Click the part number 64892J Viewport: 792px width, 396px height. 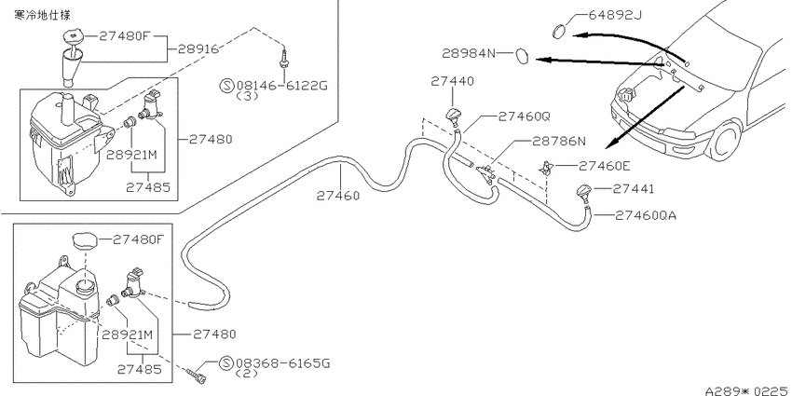[615, 15]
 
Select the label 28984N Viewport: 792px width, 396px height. [470, 53]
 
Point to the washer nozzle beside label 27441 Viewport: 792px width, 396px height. [585, 194]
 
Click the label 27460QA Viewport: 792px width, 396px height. [645, 215]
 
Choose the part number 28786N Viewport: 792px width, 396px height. [559, 142]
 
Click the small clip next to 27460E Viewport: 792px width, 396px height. [546, 168]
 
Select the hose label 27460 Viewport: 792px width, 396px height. [338, 196]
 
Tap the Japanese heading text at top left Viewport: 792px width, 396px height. [43, 15]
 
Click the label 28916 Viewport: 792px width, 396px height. [198, 49]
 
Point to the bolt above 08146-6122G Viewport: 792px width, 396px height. [284, 59]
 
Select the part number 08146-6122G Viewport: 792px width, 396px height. [281, 86]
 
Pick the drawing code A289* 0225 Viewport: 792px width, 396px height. [747, 390]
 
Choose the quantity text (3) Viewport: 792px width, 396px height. [248, 96]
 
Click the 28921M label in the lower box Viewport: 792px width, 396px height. [128, 335]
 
